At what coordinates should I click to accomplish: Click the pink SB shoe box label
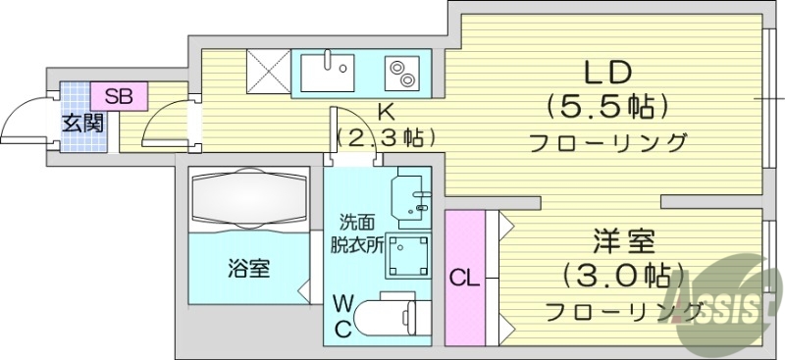point(119,96)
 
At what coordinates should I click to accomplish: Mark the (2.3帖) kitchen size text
point(386,136)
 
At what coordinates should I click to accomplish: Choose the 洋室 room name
point(623,239)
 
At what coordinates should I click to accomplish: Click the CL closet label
point(464,278)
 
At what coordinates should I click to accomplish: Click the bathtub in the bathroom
point(249,200)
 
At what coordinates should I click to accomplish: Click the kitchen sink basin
point(328,71)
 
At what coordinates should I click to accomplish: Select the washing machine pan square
point(405,256)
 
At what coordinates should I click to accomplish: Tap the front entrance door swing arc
point(22,118)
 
